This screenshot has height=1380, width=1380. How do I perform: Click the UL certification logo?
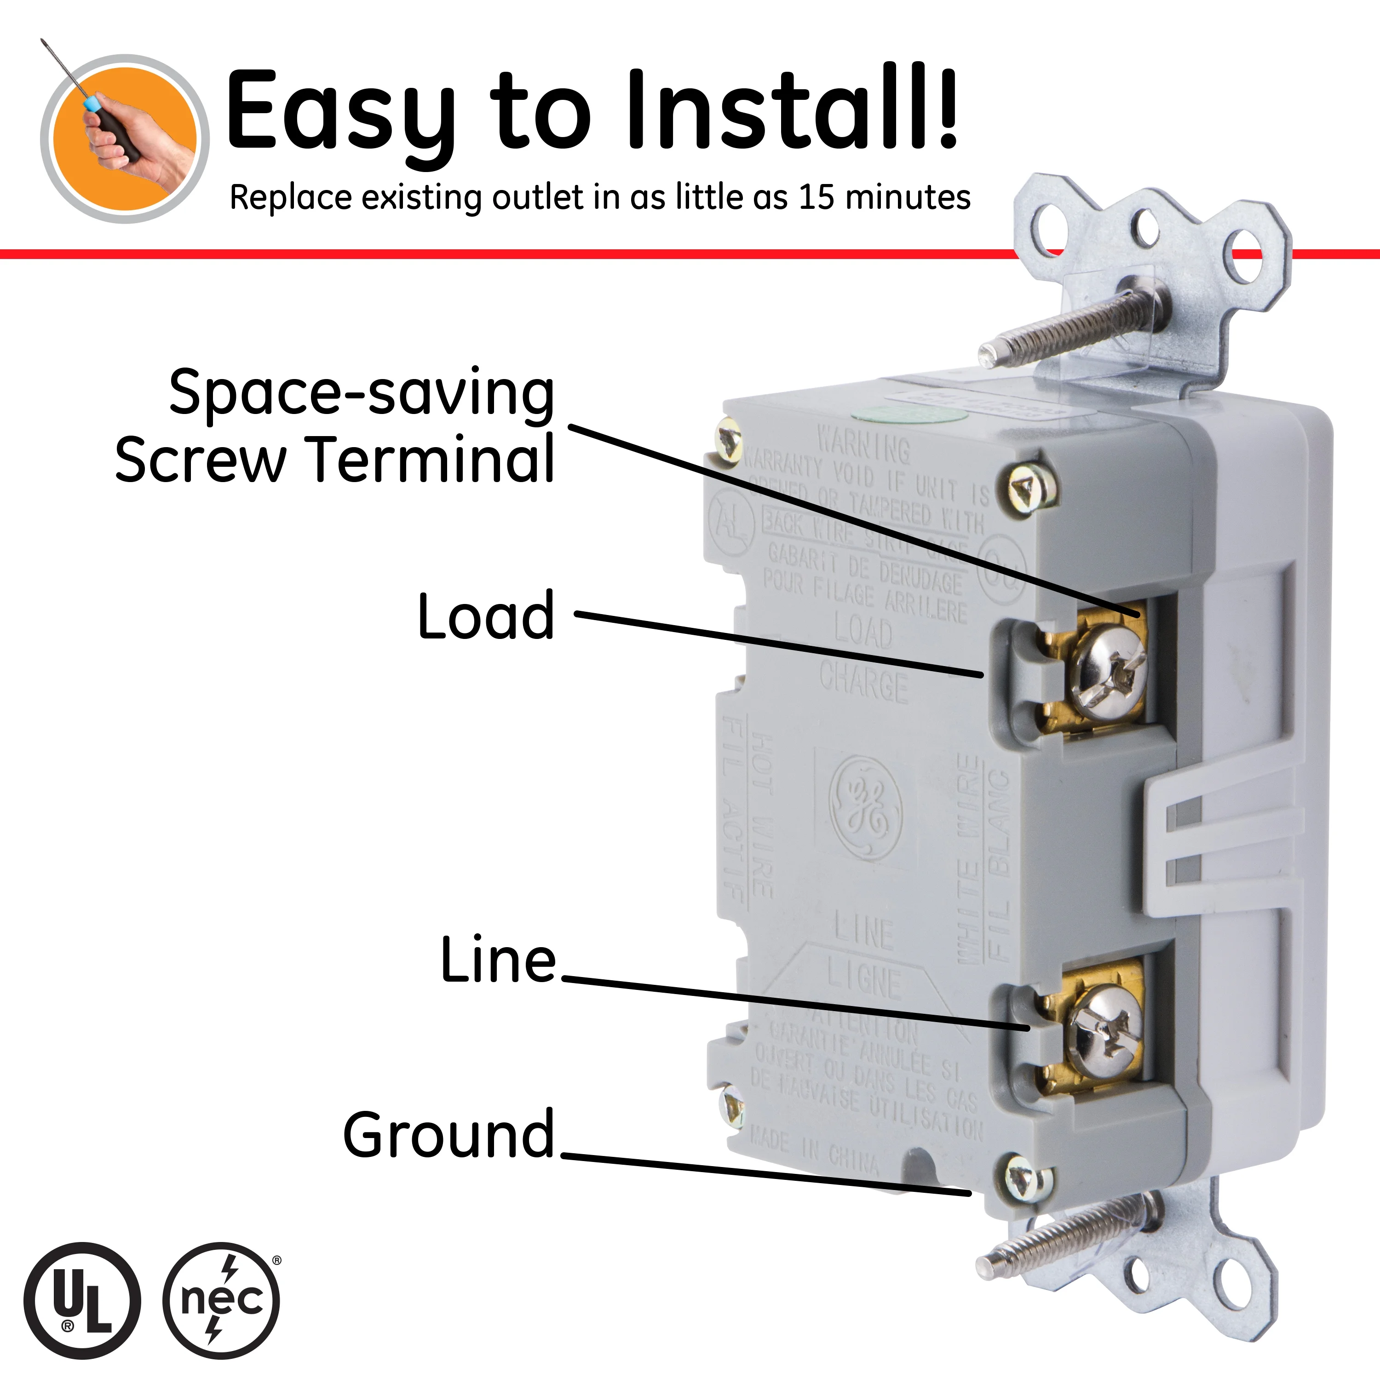coord(82,1299)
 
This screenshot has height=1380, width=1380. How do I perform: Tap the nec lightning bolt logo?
coord(221,1299)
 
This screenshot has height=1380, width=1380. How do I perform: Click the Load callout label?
coord(486,616)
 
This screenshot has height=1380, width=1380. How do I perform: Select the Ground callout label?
coord(448,1134)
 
